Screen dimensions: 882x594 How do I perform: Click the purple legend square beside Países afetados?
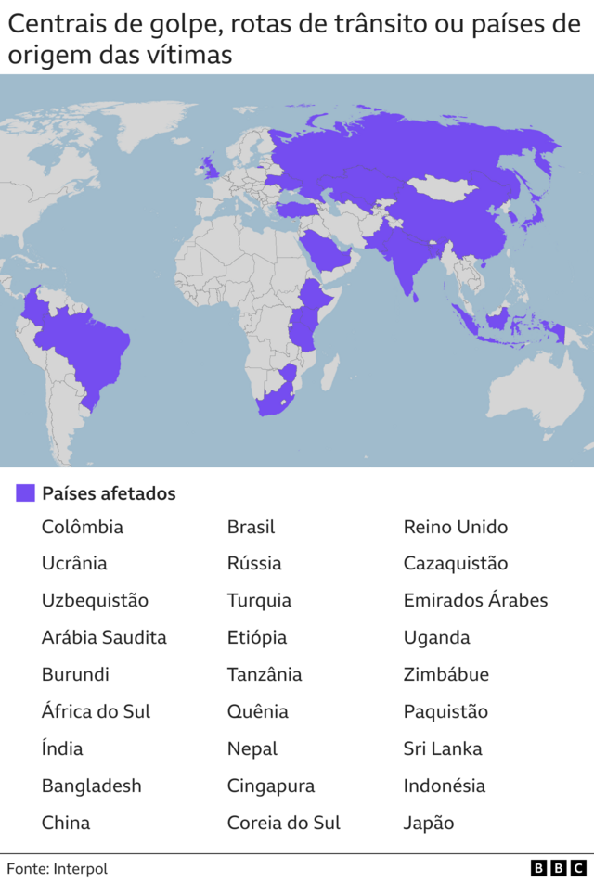(25, 493)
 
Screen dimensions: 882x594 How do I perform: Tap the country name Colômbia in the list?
(82, 527)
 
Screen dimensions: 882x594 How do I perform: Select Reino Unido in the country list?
(455, 527)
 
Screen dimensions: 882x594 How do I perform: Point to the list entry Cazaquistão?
(455, 563)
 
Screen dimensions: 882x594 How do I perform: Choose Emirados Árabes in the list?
(475, 600)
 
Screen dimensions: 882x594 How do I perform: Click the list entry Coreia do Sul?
(283, 823)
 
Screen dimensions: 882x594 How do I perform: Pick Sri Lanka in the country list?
(442, 748)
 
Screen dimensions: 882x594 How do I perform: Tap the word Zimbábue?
(445, 674)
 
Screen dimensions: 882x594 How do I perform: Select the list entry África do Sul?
(96, 711)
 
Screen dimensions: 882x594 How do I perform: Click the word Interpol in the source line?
(80, 869)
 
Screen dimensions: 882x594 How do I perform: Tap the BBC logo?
(559, 868)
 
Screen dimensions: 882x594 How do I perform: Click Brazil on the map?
(93, 343)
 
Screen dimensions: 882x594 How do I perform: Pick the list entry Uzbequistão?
(95, 600)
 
